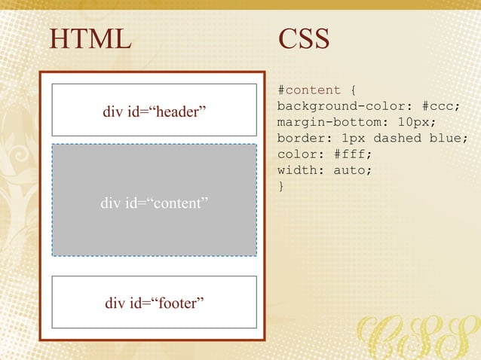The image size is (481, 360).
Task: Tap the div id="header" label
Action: click(x=155, y=113)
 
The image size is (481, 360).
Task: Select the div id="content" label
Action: click(x=155, y=203)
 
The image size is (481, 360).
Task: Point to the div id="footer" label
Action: click(x=155, y=304)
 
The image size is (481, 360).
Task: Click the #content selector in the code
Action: click(x=309, y=91)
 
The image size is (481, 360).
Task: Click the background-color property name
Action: click(x=341, y=107)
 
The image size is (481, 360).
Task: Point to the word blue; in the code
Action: click(x=449, y=139)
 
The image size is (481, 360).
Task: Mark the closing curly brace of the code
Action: click(x=281, y=186)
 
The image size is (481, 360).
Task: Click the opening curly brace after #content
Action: click(x=353, y=91)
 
